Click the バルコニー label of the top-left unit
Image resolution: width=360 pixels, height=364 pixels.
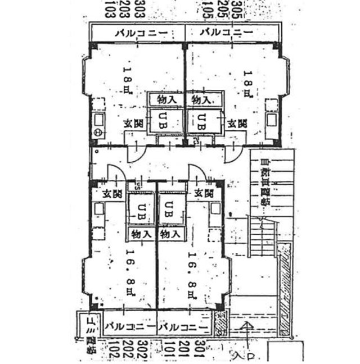point(138,33)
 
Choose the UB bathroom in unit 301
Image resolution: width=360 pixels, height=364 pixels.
point(169,209)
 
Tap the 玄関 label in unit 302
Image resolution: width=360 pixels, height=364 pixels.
point(113,193)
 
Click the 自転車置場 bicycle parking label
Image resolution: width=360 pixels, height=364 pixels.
point(264,183)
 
